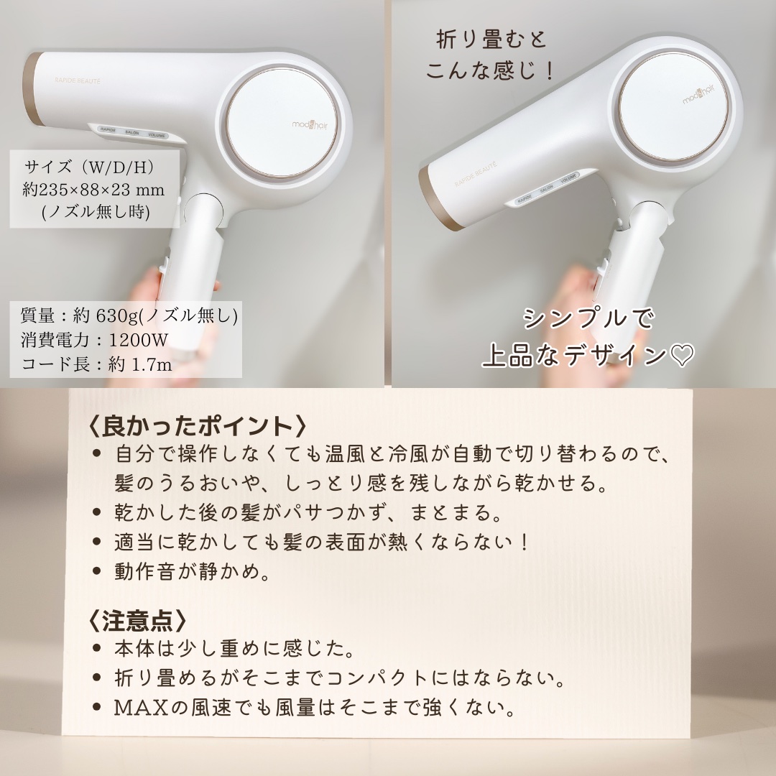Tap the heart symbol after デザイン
(681, 356)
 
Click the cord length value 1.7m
(151, 365)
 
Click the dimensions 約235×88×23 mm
(94, 190)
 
